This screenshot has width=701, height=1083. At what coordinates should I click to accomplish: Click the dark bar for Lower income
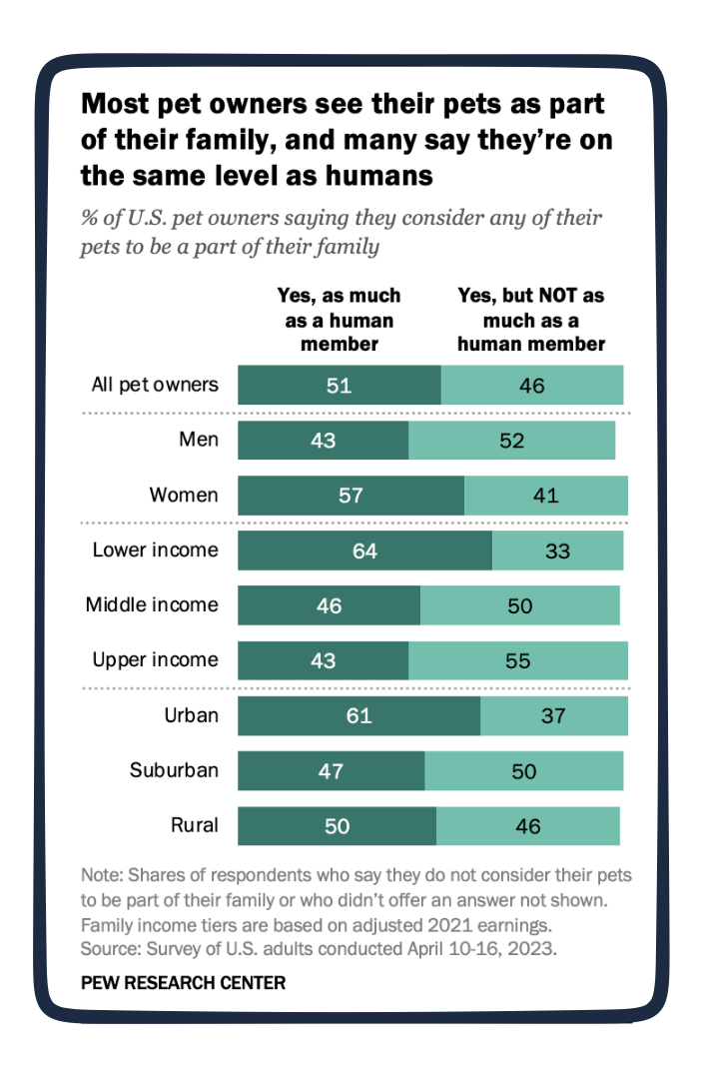(x=364, y=550)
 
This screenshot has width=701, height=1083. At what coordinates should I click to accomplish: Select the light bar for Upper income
(x=517, y=660)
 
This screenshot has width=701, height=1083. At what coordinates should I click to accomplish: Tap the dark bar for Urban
(x=358, y=715)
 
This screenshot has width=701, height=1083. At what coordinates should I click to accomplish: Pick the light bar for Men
(x=511, y=441)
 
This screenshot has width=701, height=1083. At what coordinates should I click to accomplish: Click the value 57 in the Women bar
(x=350, y=496)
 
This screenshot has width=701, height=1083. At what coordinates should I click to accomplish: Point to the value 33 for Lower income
(x=556, y=550)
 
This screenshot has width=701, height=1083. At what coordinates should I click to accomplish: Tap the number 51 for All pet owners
(x=339, y=386)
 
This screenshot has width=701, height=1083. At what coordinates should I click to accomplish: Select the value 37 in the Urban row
(x=553, y=715)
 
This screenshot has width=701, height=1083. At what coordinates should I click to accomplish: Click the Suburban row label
(x=174, y=770)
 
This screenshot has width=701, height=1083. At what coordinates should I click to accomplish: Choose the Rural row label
(x=194, y=825)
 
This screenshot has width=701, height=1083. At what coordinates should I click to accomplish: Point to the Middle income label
(x=152, y=604)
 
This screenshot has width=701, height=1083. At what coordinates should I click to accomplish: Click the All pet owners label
(x=154, y=385)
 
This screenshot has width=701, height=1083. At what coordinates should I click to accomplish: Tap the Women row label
(x=184, y=495)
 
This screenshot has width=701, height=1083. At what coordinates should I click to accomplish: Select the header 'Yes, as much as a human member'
(x=339, y=320)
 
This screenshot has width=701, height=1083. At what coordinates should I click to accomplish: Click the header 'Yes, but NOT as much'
(x=530, y=320)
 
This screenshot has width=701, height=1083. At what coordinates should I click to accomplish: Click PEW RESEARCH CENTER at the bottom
(x=183, y=983)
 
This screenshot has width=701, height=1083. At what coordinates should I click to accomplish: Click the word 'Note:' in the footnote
(x=101, y=875)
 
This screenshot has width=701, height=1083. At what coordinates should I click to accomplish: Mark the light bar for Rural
(x=527, y=825)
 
